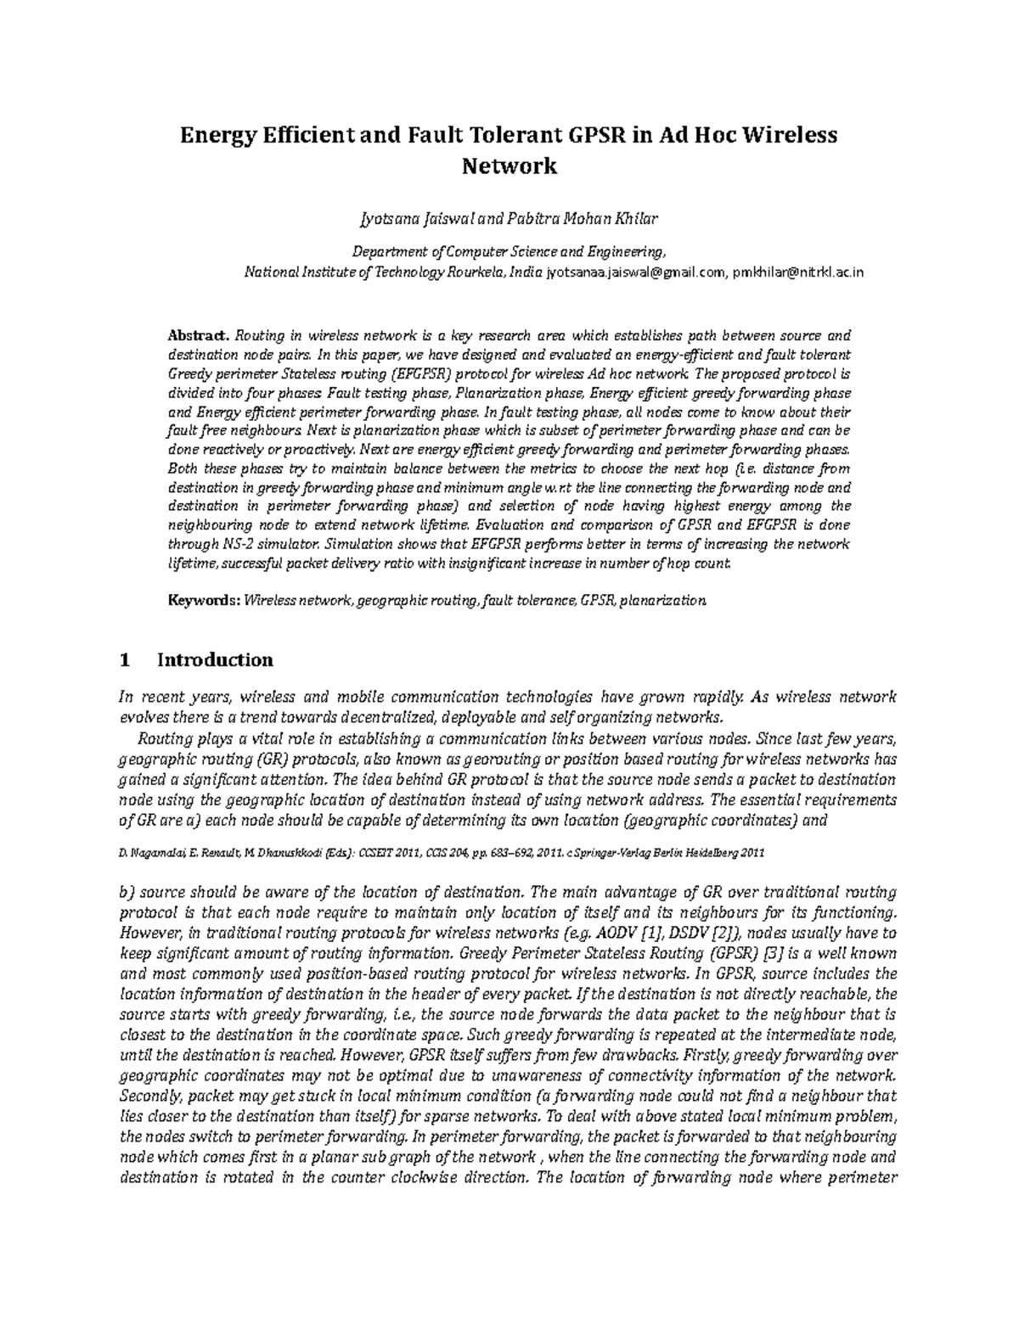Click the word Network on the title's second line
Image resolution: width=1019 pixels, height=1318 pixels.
coord(509,165)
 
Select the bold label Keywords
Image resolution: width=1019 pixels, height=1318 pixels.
coord(204,601)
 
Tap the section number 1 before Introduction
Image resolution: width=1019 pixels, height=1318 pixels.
coord(125,660)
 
